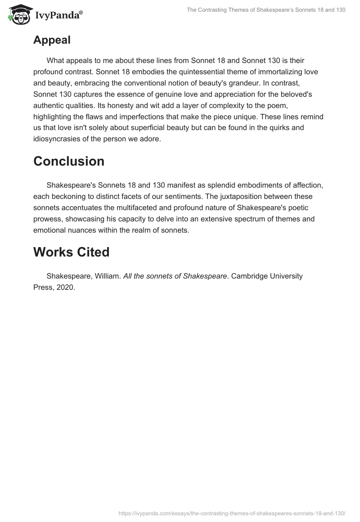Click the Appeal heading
pyautogui.click(x=52, y=40)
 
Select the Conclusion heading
pyautogui.click(x=68, y=161)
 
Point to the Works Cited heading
pyautogui.click(x=71, y=252)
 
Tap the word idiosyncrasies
pyautogui.click(x=59, y=139)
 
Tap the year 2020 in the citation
pyautogui.click(x=66, y=288)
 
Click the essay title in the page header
pyautogui.click(x=266, y=10)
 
